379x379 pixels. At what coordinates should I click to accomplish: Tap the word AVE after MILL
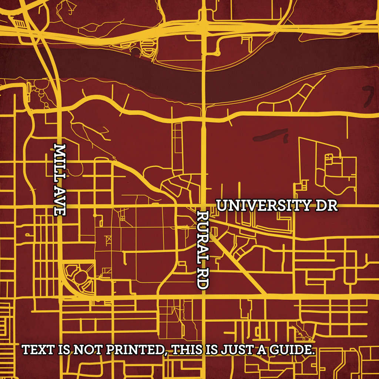click(60, 200)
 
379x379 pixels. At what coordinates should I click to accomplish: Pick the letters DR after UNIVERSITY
click(326, 206)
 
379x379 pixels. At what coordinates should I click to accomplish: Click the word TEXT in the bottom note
click(38, 349)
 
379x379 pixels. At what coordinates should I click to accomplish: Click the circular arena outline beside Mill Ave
click(80, 278)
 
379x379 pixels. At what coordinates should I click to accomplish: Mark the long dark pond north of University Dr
click(270, 135)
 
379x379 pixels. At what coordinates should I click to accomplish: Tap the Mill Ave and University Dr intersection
click(60, 206)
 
